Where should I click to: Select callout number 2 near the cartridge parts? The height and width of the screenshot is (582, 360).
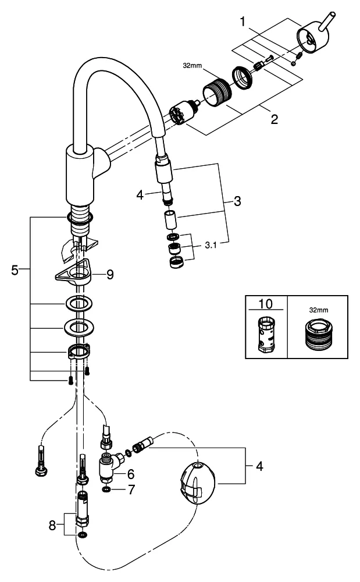(273, 119)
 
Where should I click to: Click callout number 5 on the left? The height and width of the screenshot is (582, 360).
(15, 269)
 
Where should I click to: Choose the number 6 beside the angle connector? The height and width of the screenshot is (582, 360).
(130, 474)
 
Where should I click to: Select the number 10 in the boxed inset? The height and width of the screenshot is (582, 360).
(265, 304)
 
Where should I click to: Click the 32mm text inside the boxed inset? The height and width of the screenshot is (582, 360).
(318, 311)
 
